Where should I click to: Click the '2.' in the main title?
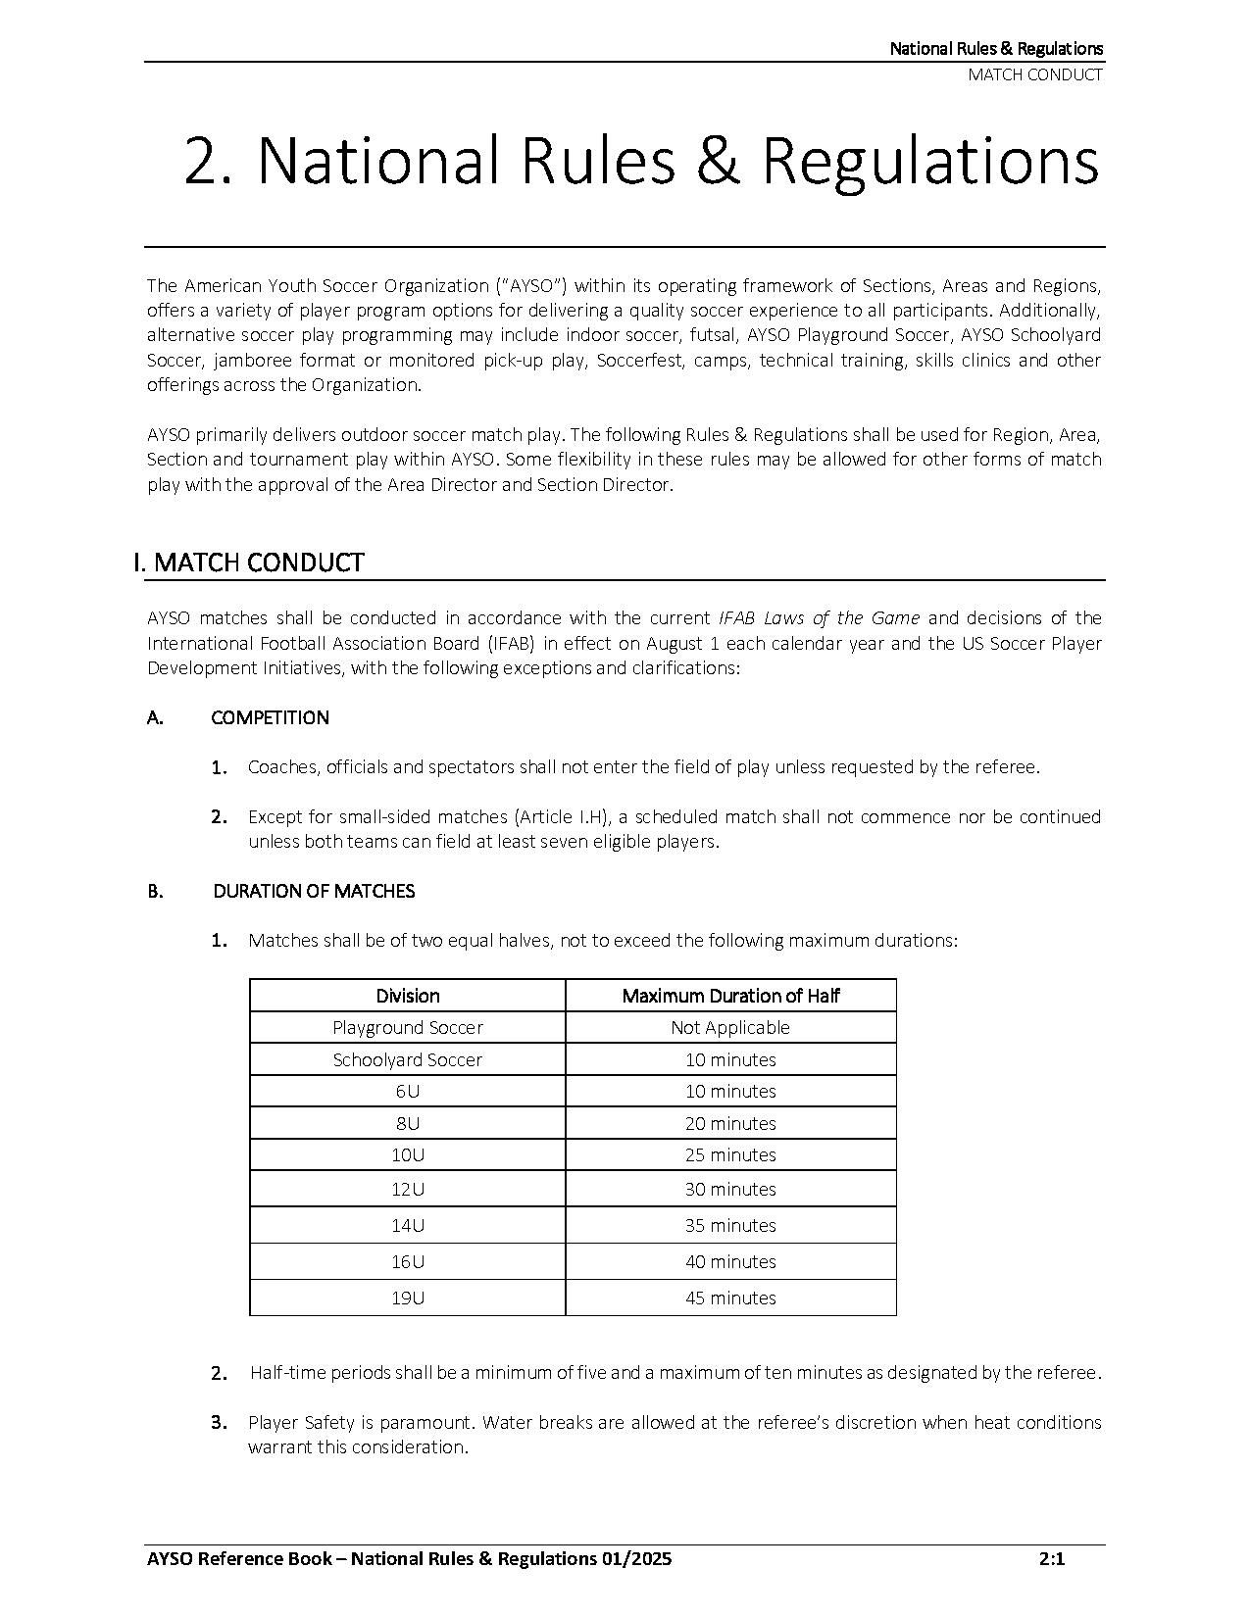tap(208, 162)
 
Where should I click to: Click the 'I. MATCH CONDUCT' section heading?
tap(249, 563)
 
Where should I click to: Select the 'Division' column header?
tap(408, 996)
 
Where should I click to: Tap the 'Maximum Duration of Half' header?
tap(730, 996)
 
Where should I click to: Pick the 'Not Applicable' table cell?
tap(730, 1027)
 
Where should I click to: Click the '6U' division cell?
tap(408, 1091)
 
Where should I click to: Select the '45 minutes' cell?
tap(730, 1298)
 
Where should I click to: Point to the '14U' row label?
tap(408, 1225)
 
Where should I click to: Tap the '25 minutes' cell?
tap(730, 1154)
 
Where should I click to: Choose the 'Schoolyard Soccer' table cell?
tap(408, 1059)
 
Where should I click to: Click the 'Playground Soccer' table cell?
tap(408, 1027)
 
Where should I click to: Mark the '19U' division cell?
tap(408, 1298)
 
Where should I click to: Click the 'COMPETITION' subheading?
tap(270, 717)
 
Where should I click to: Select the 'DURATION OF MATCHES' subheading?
tap(314, 891)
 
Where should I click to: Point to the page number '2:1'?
tap(1052, 1559)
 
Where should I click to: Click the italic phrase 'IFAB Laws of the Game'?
tap(819, 617)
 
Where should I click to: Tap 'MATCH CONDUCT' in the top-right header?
tap(1035, 74)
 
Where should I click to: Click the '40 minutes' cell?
tap(730, 1261)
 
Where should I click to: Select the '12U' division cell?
tap(408, 1189)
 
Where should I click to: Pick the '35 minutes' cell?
tap(730, 1225)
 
